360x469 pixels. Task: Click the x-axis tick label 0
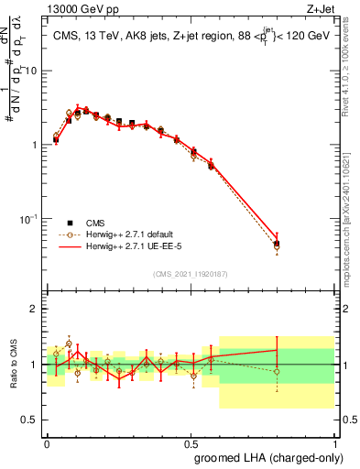[x=47, y=442]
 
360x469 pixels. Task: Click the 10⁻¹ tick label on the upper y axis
[x=29, y=219]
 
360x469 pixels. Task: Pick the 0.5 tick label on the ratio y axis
[x=31, y=420]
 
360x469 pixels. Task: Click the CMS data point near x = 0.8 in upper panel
[x=277, y=244]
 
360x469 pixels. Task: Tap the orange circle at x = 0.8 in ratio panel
[x=277, y=371]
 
